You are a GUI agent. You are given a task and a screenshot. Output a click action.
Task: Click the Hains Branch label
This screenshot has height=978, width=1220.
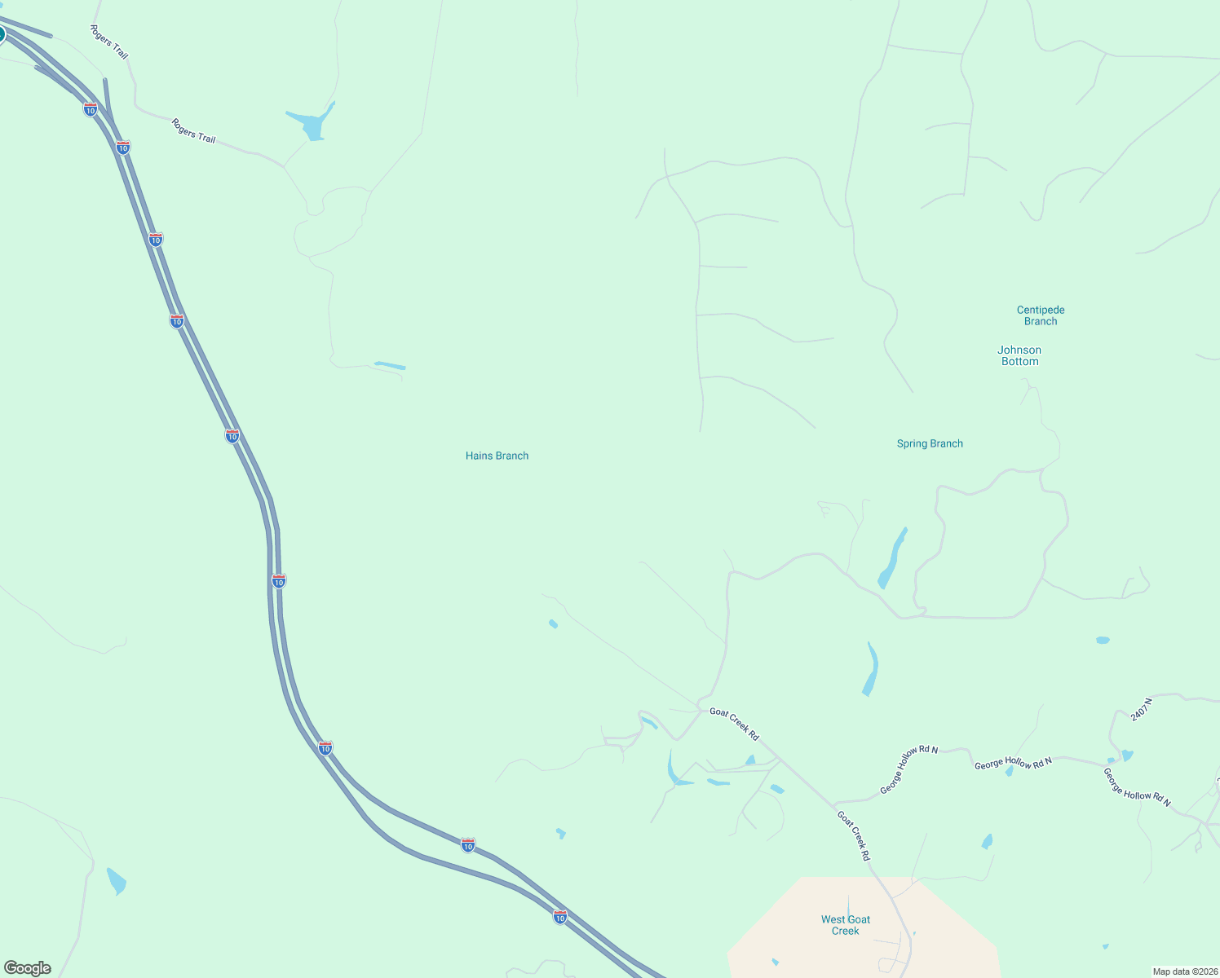497,456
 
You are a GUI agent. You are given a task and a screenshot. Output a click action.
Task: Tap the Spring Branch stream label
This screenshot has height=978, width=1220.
930,443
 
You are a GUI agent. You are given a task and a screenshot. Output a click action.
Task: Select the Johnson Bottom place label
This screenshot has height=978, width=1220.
1019,355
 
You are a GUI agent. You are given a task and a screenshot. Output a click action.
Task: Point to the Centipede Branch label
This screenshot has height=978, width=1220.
1041,315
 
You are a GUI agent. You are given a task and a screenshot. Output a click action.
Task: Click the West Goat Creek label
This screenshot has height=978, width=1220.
846,925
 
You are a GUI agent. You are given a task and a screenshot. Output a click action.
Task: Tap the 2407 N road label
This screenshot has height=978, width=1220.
1142,709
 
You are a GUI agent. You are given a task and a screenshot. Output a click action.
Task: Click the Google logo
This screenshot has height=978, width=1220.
28,968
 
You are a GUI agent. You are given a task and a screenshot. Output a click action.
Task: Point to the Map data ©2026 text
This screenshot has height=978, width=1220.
1185,971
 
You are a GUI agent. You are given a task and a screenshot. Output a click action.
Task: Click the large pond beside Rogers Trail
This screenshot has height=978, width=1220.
312,125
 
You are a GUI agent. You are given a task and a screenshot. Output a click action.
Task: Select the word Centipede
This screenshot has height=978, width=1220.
1041,310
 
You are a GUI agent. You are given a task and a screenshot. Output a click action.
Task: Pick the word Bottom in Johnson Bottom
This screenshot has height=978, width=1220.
1020,361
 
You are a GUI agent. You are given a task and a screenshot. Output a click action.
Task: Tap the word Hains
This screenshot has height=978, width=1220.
480,456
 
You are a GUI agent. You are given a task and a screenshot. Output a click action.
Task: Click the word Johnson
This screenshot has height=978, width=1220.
1019,350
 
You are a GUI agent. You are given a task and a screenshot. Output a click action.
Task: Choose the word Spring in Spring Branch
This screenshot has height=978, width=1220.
913,443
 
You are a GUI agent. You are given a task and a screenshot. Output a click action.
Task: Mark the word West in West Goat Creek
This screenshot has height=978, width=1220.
833,919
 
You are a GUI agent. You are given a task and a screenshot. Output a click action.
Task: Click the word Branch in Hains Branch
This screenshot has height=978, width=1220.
513,456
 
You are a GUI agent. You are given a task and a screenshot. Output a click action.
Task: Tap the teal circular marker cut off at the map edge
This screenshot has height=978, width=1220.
2,34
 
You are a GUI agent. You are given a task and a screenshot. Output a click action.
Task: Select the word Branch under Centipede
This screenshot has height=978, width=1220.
1041,321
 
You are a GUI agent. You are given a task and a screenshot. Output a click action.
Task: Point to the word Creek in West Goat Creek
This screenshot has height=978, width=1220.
846,931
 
